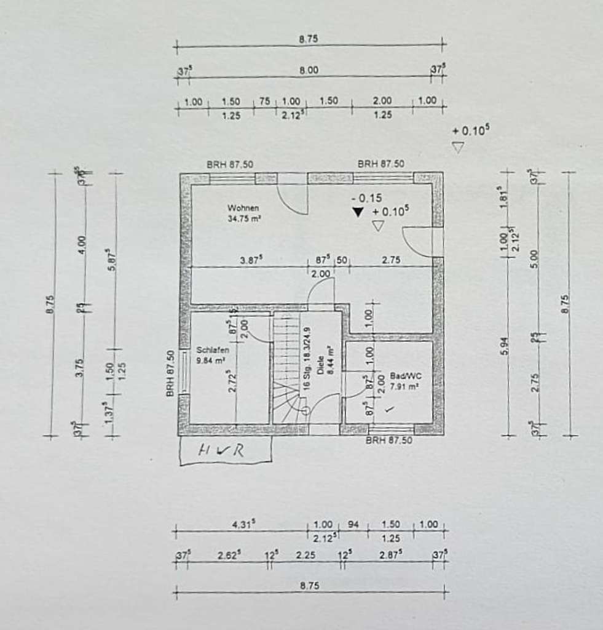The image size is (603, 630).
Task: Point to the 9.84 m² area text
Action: [x=210, y=361]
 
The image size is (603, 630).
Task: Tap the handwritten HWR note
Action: [x=221, y=450]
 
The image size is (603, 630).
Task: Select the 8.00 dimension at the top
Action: [x=309, y=70]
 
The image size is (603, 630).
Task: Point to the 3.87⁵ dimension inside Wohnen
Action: [x=251, y=260]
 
